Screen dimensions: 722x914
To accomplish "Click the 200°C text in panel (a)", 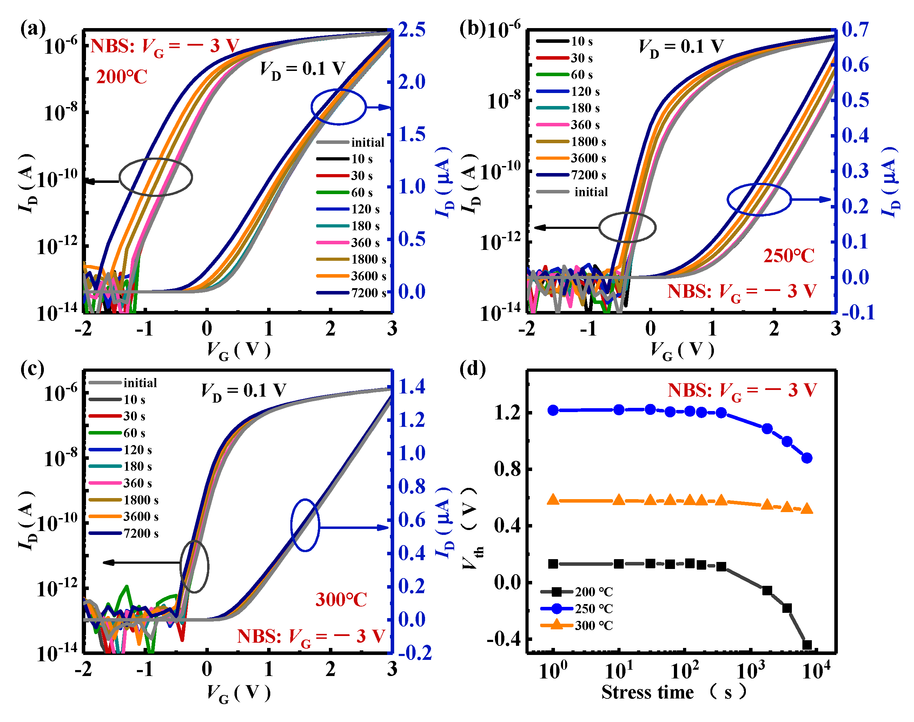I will pos(122,77).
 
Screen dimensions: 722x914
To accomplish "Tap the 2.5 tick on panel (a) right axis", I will pos(412,30).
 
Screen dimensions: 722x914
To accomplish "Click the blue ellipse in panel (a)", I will pos(338,107).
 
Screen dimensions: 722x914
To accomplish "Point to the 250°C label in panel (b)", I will pos(788,256).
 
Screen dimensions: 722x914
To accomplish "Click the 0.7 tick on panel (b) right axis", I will pos(855,29).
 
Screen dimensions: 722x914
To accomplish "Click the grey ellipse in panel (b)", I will pos(627,227).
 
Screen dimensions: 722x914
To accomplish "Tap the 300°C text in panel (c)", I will pos(341,600).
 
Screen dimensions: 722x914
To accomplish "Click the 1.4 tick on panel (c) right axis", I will pos(412,386).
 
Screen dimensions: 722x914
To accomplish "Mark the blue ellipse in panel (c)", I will pos(305,525).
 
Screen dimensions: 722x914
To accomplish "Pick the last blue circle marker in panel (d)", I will pos(807,458).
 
